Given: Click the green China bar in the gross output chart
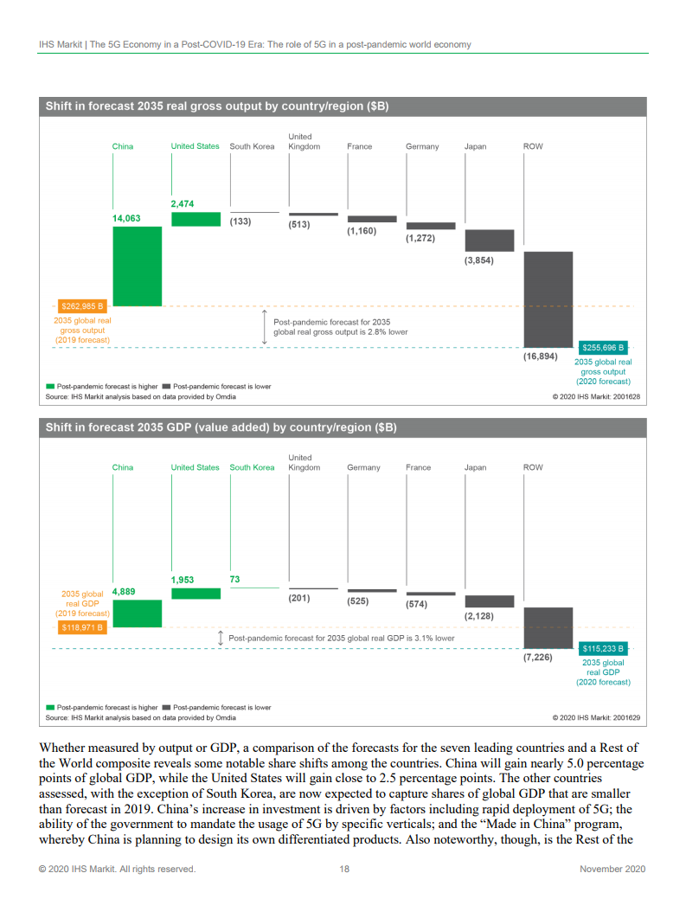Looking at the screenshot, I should tap(137, 266).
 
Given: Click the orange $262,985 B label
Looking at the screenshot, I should tap(83, 306).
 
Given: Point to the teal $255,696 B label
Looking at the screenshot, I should tap(603, 348).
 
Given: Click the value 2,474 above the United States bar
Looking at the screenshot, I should tap(183, 203).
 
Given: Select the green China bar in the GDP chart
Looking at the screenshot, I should tap(137, 613).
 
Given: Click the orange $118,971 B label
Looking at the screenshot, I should tap(83, 627).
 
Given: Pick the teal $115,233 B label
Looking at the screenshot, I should tap(603, 648).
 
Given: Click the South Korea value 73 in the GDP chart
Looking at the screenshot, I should tap(234, 579).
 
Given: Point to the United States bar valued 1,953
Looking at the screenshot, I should tap(196, 594).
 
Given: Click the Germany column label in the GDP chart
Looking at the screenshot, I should tap(363, 467).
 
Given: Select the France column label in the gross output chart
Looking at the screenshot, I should tap(359, 146).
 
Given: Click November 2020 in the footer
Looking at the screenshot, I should tap(612, 869).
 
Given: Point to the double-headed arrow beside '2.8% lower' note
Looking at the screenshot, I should tap(264, 327).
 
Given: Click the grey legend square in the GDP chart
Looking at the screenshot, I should tap(166, 707).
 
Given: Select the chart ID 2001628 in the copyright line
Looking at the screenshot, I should tap(624, 397).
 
